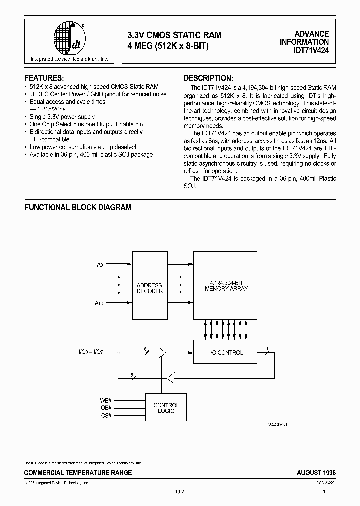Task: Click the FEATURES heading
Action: coord(44,78)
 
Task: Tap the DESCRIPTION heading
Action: coord(208,78)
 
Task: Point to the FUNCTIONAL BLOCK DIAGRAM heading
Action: coord(78,207)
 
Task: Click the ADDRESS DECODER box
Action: coord(150,288)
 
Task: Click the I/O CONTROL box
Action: coord(226,353)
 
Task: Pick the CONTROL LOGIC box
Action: coord(166,408)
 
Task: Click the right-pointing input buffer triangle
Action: coord(161,353)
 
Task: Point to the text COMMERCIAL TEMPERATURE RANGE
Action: coord(78,472)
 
